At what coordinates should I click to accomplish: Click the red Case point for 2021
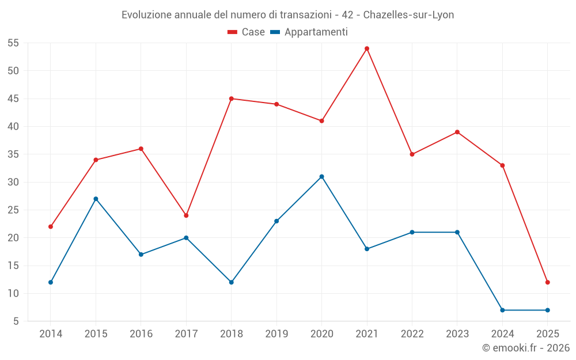point(367,48)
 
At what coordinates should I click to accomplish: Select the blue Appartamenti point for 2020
point(321,176)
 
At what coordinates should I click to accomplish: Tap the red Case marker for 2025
point(547,282)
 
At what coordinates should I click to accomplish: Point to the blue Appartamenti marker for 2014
point(51,282)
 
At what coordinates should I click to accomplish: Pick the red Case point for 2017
point(186,215)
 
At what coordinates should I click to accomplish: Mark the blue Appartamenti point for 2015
point(96,199)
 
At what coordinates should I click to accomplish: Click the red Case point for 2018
point(231,98)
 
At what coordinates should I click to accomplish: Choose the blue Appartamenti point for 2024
point(502,310)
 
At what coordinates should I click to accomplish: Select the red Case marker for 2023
point(457,132)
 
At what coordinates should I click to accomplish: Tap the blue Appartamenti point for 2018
point(231,282)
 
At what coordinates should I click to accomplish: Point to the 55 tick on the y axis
point(13,43)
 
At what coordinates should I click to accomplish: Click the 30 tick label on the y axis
point(13,182)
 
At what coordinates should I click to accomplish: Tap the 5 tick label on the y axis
point(16,321)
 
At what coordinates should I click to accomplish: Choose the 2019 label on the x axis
point(276,334)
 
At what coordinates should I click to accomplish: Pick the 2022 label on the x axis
point(412,334)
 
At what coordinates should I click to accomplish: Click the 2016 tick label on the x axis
point(141,334)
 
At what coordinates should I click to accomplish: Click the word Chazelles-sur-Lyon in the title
point(408,15)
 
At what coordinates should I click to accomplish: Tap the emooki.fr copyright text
point(525,348)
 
